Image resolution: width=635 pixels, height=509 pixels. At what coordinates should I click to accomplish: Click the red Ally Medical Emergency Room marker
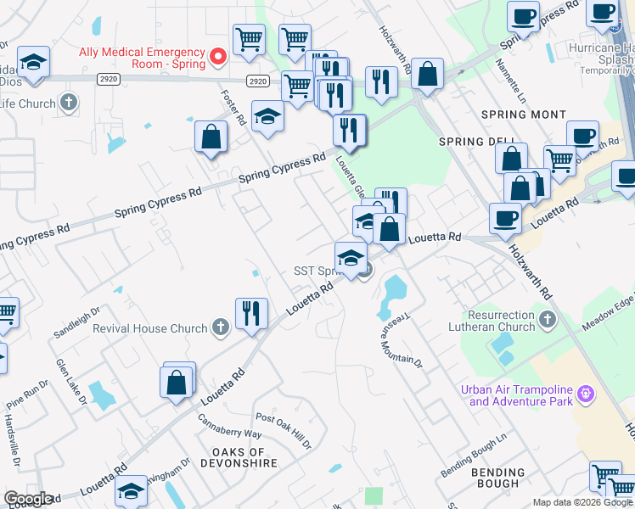(x=217, y=57)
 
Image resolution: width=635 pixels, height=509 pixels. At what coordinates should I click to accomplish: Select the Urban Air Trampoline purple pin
(x=583, y=394)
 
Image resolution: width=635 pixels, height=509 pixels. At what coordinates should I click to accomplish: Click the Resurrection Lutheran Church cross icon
(x=547, y=320)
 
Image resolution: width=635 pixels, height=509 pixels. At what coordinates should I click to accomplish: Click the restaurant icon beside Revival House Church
(x=251, y=313)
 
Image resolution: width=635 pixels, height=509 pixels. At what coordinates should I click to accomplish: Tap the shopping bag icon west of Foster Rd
(x=211, y=137)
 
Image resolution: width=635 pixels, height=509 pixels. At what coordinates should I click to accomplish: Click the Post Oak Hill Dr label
(x=284, y=431)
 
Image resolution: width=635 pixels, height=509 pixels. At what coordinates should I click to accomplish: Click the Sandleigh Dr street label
(x=76, y=318)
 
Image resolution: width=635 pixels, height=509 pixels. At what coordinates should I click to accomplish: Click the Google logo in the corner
(x=28, y=499)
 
